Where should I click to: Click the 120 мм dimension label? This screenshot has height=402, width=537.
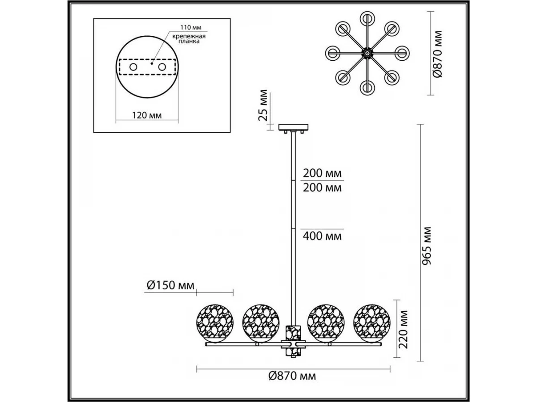pos(147,115)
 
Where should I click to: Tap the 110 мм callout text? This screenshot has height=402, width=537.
pos(191,27)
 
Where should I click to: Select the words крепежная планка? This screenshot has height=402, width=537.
pos(189,39)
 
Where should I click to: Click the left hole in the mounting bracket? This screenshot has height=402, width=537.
pos(133,67)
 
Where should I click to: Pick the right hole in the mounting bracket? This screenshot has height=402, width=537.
pos(162,67)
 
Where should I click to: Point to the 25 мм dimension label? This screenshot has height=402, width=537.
pos(263,105)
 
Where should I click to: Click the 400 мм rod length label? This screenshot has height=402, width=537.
pos(322,236)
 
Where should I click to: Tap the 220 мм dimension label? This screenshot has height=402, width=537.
pos(403,329)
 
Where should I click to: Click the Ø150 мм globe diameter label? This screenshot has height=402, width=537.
pos(170,285)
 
